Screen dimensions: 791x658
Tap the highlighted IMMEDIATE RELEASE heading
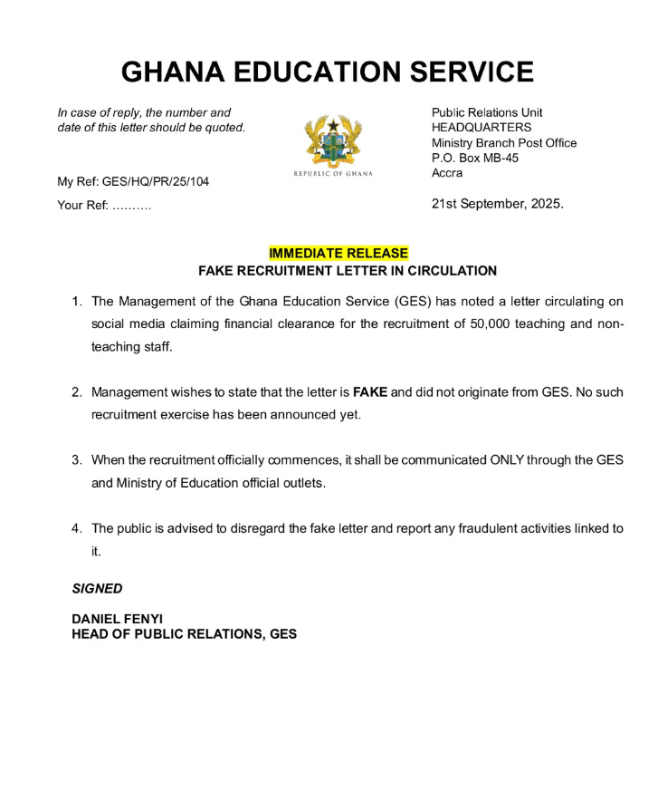click(338, 253)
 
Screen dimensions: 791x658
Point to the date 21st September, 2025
click(497, 204)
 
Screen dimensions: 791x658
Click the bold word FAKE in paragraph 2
click(369, 392)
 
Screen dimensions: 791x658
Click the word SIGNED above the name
click(97, 588)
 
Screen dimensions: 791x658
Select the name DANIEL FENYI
click(118, 619)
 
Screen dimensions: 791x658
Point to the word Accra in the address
click(447, 173)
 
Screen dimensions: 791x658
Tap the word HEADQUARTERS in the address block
click(482, 128)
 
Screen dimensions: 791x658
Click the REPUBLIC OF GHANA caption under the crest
click(332, 173)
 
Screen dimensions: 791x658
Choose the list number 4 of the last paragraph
click(77, 528)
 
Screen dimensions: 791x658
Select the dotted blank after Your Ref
click(132, 206)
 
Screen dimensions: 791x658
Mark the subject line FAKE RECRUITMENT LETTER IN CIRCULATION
click(348, 271)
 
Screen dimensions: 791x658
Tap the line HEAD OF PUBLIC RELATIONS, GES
click(184, 634)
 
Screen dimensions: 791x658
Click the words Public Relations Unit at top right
click(487, 112)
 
